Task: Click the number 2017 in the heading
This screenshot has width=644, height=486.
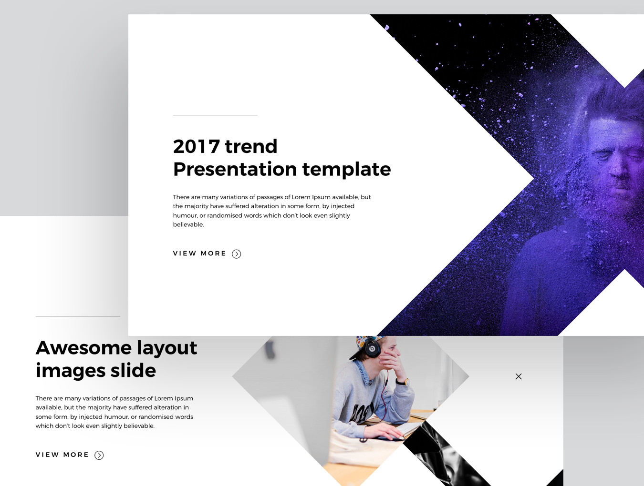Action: [x=196, y=146]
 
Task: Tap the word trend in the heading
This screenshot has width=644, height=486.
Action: [x=251, y=146]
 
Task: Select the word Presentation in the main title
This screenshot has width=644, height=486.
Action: [x=235, y=169]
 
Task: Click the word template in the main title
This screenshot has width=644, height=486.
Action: [x=346, y=170]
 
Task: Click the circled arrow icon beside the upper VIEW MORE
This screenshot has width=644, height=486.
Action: [x=237, y=254]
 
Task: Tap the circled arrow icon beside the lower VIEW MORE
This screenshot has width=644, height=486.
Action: [x=99, y=455]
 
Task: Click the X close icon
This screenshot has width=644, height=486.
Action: [x=519, y=376]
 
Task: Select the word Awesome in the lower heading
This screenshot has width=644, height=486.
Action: [x=83, y=348]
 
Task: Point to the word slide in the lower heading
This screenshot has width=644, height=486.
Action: [x=133, y=371]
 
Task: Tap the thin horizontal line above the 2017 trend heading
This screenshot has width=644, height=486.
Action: [x=215, y=115]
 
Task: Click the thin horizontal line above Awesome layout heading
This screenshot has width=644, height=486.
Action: [x=78, y=316]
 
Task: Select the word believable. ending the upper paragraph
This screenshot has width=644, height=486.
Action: [x=188, y=225]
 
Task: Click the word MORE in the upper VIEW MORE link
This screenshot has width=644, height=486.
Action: [x=213, y=253]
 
